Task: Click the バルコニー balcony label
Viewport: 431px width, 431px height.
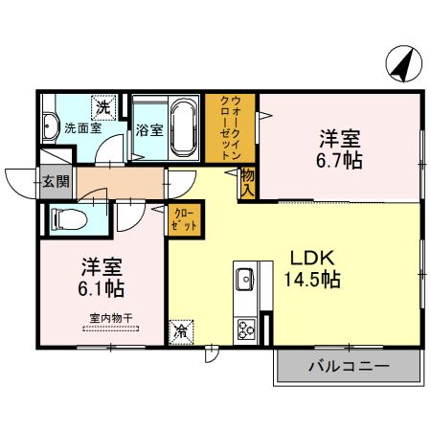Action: (349, 367)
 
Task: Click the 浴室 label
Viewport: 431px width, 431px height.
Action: (147, 129)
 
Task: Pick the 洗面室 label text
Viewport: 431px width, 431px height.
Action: (82, 127)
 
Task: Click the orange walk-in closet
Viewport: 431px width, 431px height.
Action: (230, 129)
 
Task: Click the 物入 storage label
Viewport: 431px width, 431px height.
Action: (246, 182)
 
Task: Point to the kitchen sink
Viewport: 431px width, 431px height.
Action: (244, 282)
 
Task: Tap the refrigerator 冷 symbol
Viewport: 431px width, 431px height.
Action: (180, 331)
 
